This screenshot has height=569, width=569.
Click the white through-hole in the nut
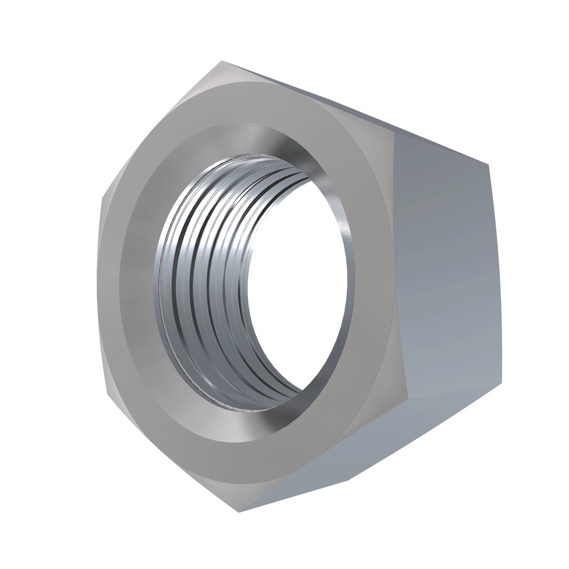(x=298, y=283)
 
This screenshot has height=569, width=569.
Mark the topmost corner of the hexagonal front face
(x=221, y=61)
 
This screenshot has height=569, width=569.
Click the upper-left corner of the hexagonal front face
(x=102, y=198)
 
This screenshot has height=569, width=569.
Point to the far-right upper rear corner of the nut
(x=489, y=165)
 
